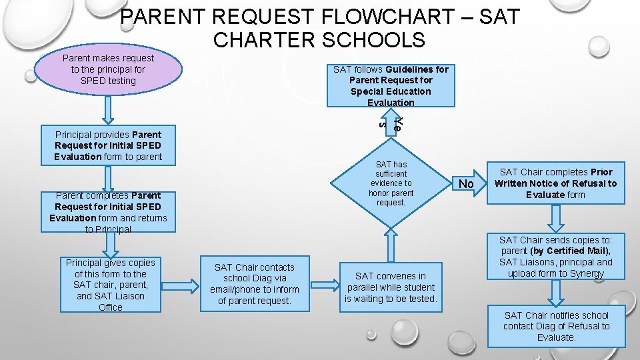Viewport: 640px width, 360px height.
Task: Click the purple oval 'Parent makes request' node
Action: pos(108,70)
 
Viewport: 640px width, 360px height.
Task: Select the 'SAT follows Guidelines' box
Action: pos(391,85)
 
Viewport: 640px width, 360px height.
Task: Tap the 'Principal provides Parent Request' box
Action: pos(108,145)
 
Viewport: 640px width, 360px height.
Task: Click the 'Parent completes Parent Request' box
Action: pos(108,212)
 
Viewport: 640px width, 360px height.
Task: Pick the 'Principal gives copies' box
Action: pos(111,285)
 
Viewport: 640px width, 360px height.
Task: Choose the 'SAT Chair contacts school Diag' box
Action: pos(255,284)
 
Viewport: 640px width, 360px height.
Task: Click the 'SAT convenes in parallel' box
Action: pos(391,287)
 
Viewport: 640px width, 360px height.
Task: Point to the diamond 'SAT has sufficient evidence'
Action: pos(391,183)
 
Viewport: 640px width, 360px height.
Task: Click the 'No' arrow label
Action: pos(467,183)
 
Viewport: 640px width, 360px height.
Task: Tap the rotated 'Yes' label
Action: pos(391,123)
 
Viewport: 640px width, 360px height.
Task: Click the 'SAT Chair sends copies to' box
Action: pos(555,256)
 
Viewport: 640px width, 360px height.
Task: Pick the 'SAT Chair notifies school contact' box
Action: pos(557,327)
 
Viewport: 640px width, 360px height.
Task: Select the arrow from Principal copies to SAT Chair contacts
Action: pos(182,285)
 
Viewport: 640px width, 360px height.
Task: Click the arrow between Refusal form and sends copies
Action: pos(555,216)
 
